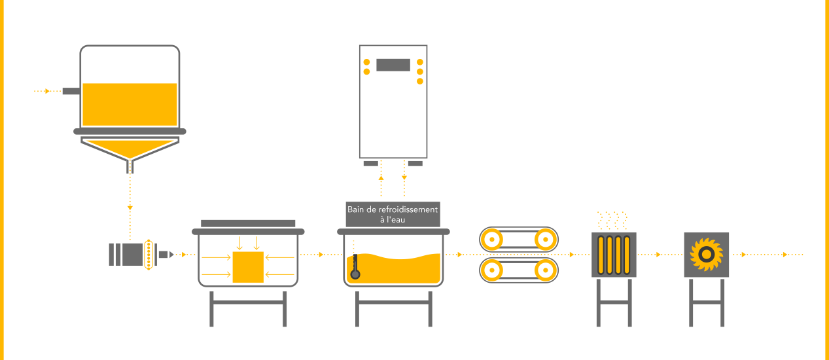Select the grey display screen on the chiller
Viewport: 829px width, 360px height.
click(393, 65)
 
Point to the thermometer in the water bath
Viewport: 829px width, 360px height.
click(355, 265)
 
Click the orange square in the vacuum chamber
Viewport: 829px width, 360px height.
click(248, 266)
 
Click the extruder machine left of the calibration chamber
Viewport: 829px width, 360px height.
click(135, 254)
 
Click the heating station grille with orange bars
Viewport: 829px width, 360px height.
click(614, 255)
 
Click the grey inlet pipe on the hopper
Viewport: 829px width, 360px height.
click(71, 92)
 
